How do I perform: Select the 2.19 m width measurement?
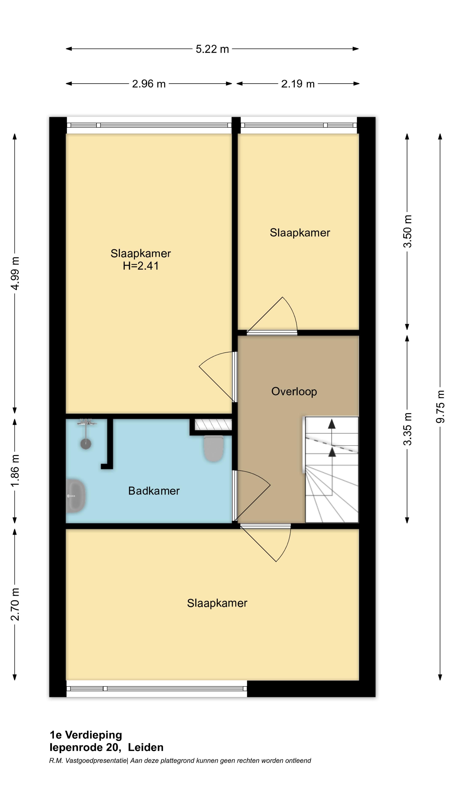(x=298, y=84)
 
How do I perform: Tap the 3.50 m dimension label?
(x=407, y=232)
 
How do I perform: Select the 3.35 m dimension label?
(x=407, y=429)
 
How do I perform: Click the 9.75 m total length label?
(x=440, y=407)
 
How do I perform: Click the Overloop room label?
(x=294, y=392)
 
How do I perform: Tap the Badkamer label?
(x=154, y=491)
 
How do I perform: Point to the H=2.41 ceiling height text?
(x=141, y=266)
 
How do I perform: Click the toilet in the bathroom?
(x=214, y=448)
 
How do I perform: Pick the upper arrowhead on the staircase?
(x=332, y=424)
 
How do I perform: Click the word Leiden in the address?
(x=146, y=747)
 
